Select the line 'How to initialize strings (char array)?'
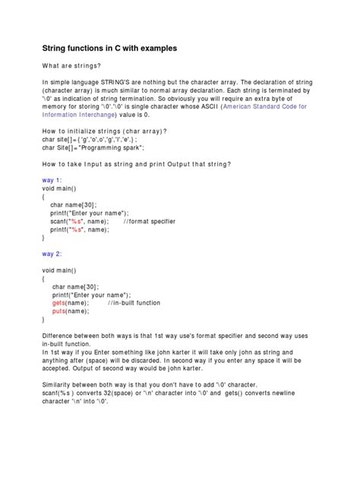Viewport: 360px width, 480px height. pyautogui.click(x=105, y=130)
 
